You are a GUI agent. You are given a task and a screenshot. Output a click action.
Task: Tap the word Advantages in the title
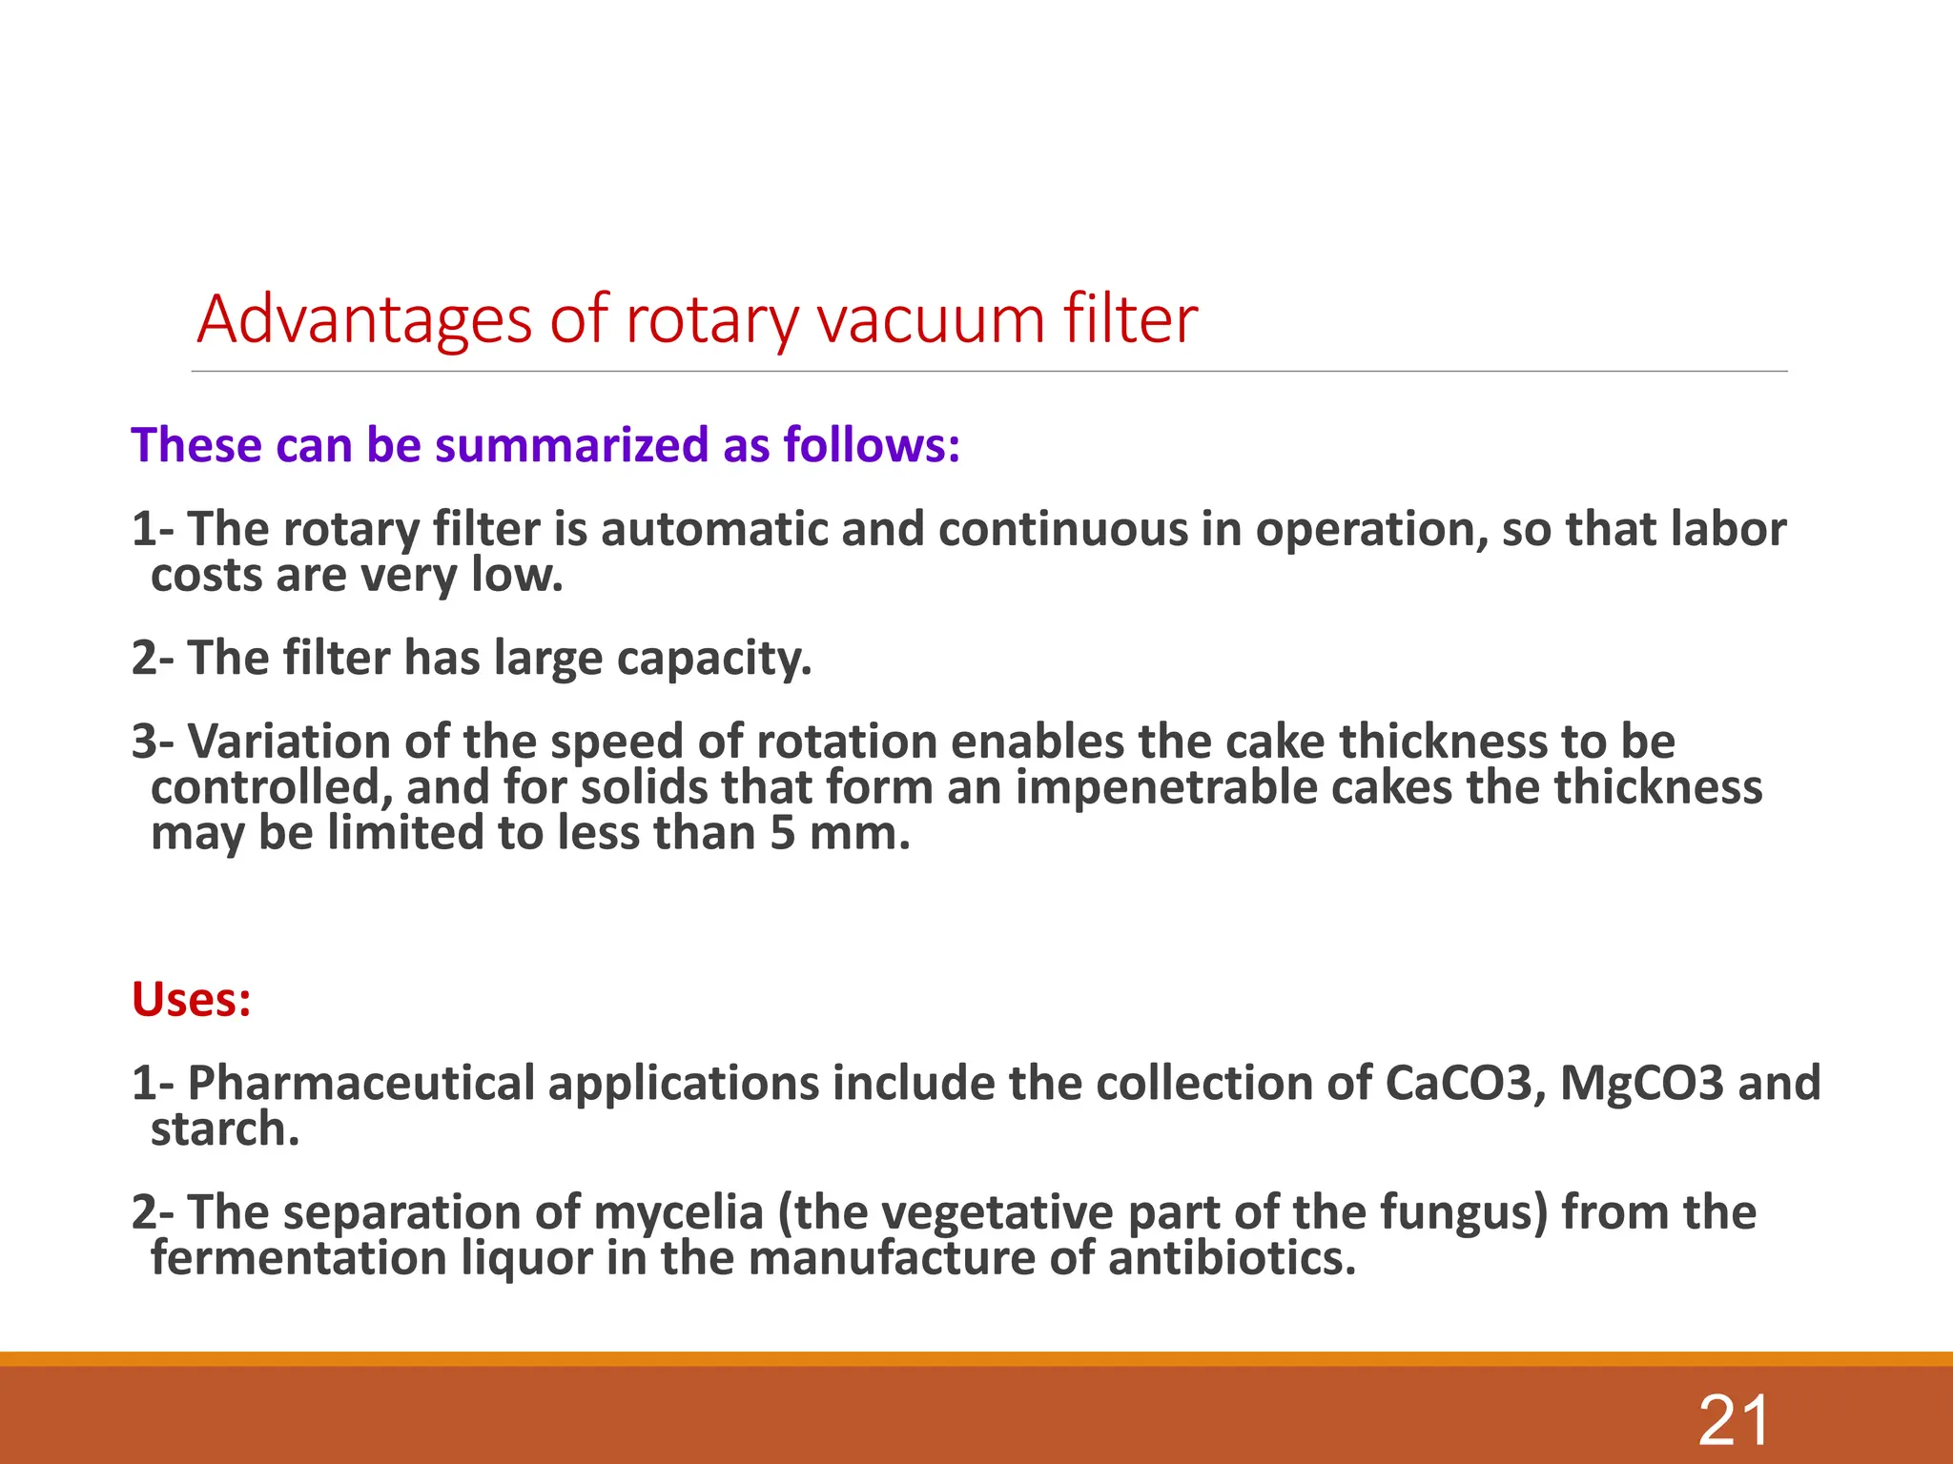point(363,319)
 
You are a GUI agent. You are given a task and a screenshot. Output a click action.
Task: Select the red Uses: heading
point(192,1000)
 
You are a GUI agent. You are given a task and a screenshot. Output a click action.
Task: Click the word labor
point(1727,529)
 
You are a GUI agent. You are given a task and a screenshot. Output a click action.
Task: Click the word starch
point(225,1129)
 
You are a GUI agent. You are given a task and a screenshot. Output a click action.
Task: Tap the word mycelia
point(678,1212)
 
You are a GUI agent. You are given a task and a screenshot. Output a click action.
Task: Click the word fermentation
point(298,1258)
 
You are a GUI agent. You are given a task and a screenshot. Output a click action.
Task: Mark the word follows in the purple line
point(871,445)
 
